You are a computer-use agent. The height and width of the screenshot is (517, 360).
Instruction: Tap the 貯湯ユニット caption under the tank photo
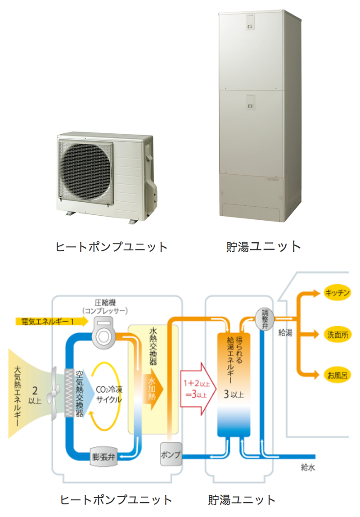(263, 247)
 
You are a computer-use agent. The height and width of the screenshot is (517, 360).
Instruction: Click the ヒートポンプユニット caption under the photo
(111, 247)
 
